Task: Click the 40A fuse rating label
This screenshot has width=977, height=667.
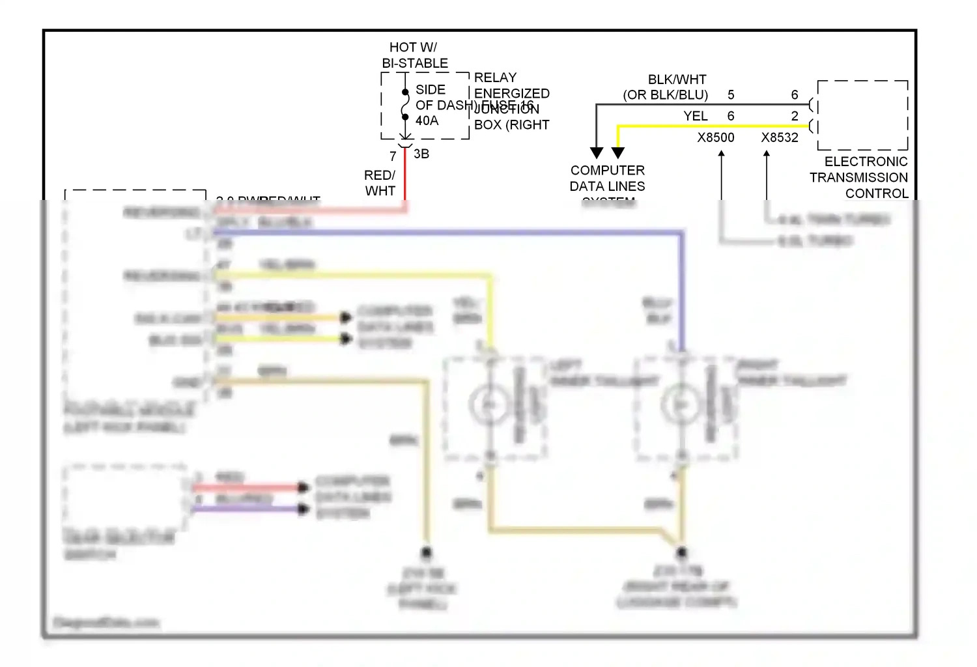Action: pyautogui.click(x=427, y=121)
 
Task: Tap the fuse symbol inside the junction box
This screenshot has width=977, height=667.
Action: pyautogui.click(x=405, y=105)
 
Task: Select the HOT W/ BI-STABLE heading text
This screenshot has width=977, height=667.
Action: pyautogui.click(x=414, y=55)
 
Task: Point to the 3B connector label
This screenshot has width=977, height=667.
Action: pyautogui.click(x=421, y=154)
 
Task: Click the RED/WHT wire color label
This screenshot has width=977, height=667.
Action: pyautogui.click(x=380, y=183)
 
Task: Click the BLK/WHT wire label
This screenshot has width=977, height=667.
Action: pyautogui.click(x=677, y=79)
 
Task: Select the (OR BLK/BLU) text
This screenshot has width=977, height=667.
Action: pyautogui.click(x=665, y=95)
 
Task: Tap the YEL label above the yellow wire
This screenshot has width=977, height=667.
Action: pyautogui.click(x=695, y=116)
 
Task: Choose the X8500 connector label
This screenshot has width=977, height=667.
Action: pyautogui.click(x=715, y=137)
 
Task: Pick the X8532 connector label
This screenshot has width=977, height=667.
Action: pyautogui.click(x=779, y=137)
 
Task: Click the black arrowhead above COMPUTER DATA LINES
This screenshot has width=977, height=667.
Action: pyautogui.click(x=596, y=152)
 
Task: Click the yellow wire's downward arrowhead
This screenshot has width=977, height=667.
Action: pyautogui.click(x=618, y=152)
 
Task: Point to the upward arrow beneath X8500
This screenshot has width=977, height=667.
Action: pyautogui.click(x=721, y=155)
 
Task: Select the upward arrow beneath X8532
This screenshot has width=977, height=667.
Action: pyautogui.click(x=767, y=155)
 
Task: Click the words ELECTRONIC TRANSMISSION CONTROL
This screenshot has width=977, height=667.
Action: pyautogui.click(x=860, y=177)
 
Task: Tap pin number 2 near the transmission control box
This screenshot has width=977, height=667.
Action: pyautogui.click(x=794, y=116)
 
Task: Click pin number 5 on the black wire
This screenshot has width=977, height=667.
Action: pyautogui.click(x=731, y=95)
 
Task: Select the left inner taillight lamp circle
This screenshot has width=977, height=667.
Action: pyautogui.click(x=488, y=404)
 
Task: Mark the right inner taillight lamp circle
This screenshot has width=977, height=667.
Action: pyautogui.click(x=680, y=404)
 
